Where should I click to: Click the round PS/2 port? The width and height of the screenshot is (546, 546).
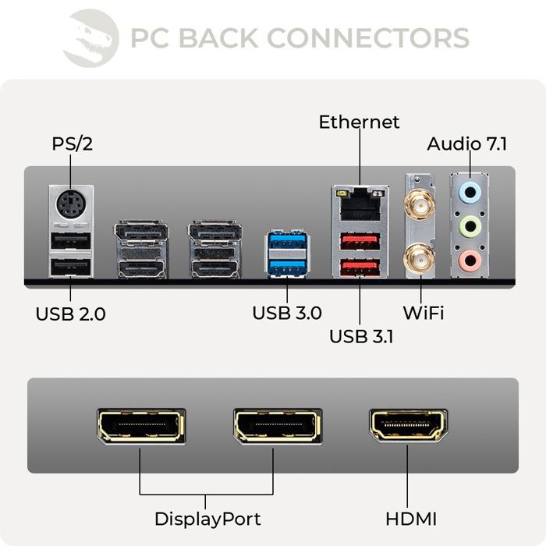click(71, 206)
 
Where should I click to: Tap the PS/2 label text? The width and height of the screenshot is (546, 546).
click(73, 144)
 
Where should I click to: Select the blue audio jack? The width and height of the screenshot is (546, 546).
click(469, 192)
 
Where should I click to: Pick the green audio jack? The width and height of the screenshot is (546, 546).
click(469, 227)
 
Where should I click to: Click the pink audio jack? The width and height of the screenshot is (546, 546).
click(469, 261)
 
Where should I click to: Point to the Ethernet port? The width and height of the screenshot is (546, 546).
click(360, 204)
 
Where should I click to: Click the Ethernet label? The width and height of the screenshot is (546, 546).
click(359, 122)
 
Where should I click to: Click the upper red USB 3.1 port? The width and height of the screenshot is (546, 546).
click(360, 241)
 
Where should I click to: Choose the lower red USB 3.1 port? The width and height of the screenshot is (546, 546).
click(360, 268)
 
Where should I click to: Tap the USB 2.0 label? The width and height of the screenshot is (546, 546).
click(70, 315)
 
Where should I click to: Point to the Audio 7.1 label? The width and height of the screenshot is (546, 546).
click(467, 145)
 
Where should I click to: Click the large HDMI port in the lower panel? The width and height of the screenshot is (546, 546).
click(408, 425)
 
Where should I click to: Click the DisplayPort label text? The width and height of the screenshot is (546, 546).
click(207, 519)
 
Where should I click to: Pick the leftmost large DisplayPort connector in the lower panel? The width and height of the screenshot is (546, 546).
click(140, 425)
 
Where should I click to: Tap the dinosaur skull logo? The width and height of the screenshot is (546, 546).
click(90, 37)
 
